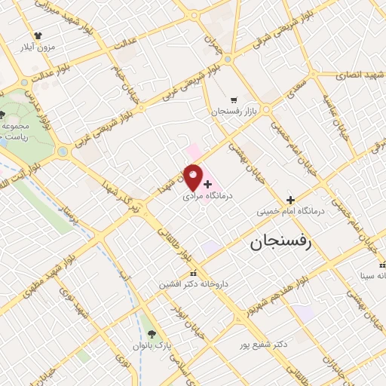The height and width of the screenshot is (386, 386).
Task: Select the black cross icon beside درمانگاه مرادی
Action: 208,184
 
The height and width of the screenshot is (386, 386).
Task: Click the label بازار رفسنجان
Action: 234,111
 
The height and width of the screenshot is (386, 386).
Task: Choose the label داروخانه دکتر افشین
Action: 195,284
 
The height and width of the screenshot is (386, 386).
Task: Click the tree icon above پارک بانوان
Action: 152,334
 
